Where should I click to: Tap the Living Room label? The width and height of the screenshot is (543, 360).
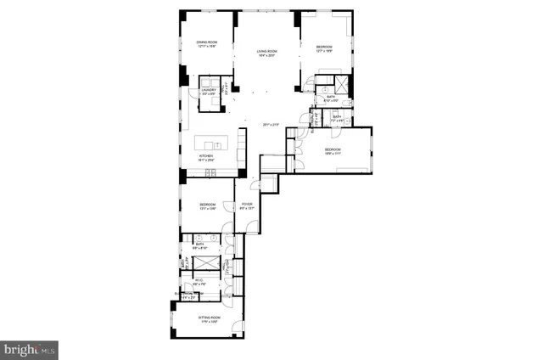(x=268, y=52)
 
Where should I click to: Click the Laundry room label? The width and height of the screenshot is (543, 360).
(x=208, y=88)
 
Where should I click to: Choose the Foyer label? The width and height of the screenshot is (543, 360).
(x=247, y=204)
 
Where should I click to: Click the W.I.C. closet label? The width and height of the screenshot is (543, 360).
(x=199, y=279)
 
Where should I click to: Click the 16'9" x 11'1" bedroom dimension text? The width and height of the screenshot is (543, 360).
(x=332, y=154)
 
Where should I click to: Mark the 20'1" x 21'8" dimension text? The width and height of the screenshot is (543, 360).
(x=271, y=125)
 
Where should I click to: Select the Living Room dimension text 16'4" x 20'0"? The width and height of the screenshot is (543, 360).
(x=268, y=56)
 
